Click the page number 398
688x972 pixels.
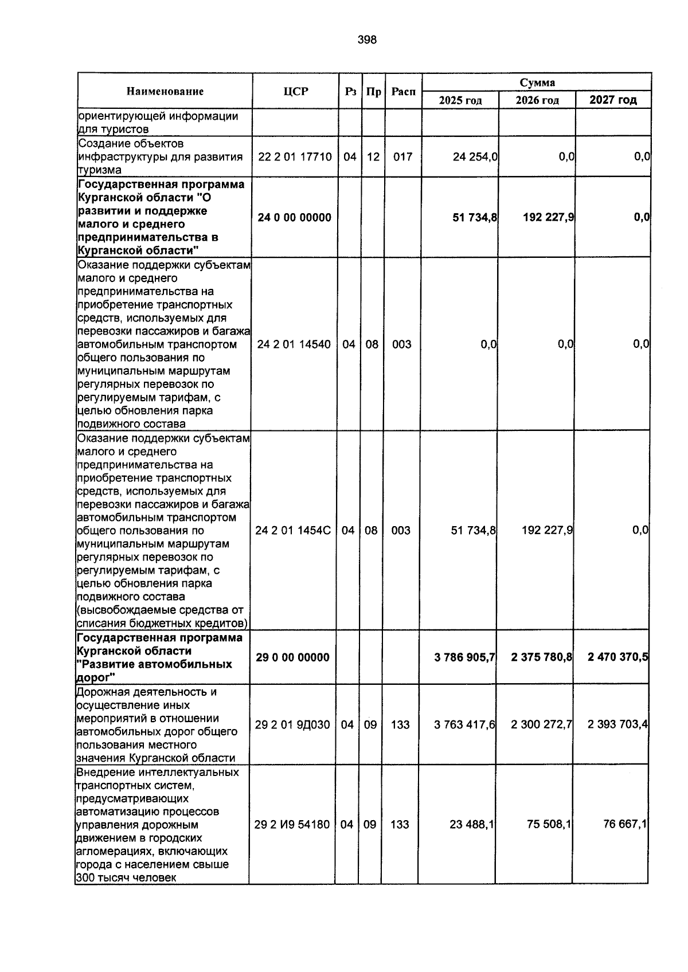pyautogui.click(x=367, y=40)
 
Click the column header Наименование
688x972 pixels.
pyautogui.click(x=165, y=91)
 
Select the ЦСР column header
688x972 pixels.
pyautogui.click(x=295, y=91)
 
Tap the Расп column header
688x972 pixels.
pyautogui.click(x=403, y=91)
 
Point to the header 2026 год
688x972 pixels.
pyautogui.click(x=537, y=100)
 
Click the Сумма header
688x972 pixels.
pyautogui.click(x=537, y=83)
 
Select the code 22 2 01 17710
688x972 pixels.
pyautogui.click(x=295, y=156)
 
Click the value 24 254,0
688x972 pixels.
pyautogui.click(x=475, y=156)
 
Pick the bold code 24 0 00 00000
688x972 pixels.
pyautogui.click(x=294, y=217)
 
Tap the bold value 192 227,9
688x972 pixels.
pyautogui.click(x=549, y=217)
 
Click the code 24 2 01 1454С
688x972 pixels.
pyautogui.click(x=293, y=530)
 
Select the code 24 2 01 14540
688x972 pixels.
pyautogui.click(x=294, y=344)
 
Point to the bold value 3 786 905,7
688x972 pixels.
pyautogui.click(x=465, y=657)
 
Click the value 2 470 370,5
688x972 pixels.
pyautogui.click(x=617, y=657)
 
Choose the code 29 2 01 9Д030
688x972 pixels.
pyautogui.click(x=292, y=724)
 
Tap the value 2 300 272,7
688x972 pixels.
pyautogui.click(x=541, y=724)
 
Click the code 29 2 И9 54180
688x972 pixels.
pyautogui.click(x=292, y=824)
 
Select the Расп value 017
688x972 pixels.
pyautogui.click(x=402, y=156)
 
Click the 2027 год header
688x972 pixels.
pyautogui.click(x=613, y=100)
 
